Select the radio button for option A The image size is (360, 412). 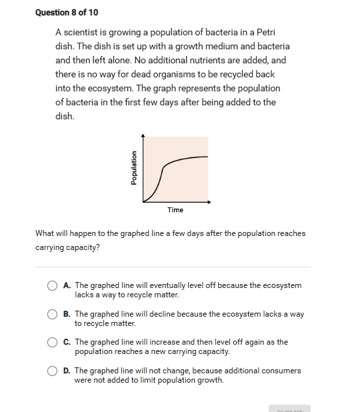[52, 285]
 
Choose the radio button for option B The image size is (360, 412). [52, 314]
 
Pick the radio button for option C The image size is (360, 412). [52, 342]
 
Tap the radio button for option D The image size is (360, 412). [52, 371]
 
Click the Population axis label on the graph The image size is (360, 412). [134, 168]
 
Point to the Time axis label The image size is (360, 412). [175, 210]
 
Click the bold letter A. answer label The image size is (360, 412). [67, 285]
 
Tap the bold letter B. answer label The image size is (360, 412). [67, 314]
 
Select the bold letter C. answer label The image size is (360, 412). [67, 342]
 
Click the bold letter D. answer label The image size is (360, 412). [67, 371]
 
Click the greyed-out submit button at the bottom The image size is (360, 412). [289, 408]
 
